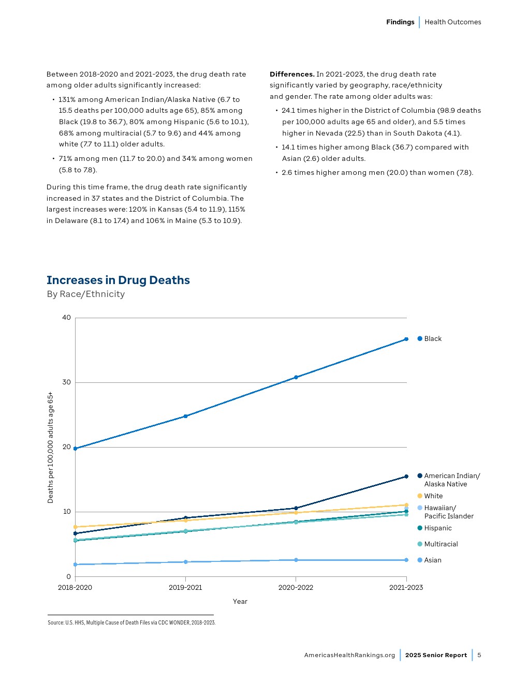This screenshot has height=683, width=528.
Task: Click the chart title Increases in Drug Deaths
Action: [x=118, y=280]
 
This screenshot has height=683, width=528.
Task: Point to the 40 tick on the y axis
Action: [x=66, y=318]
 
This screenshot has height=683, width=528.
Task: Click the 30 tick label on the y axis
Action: [x=66, y=382]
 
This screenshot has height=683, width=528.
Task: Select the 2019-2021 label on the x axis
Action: [x=185, y=588]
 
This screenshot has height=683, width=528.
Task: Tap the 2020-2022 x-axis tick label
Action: [x=296, y=588]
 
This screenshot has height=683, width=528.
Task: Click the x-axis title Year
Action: [x=240, y=602]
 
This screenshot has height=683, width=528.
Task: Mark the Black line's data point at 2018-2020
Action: [x=76, y=449]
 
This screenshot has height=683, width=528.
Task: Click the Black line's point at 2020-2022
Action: [x=296, y=377]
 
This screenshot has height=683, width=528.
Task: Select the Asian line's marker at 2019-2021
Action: [x=185, y=562]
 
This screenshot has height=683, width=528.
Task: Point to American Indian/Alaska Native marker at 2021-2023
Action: [x=406, y=477]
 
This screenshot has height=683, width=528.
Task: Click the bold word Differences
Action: [x=292, y=75]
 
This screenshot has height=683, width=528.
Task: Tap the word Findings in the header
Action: [x=400, y=22]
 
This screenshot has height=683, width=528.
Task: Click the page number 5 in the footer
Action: [x=479, y=655]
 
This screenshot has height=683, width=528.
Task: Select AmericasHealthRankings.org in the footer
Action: [x=349, y=655]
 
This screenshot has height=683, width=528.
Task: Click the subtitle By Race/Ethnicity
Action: [x=86, y=294]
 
